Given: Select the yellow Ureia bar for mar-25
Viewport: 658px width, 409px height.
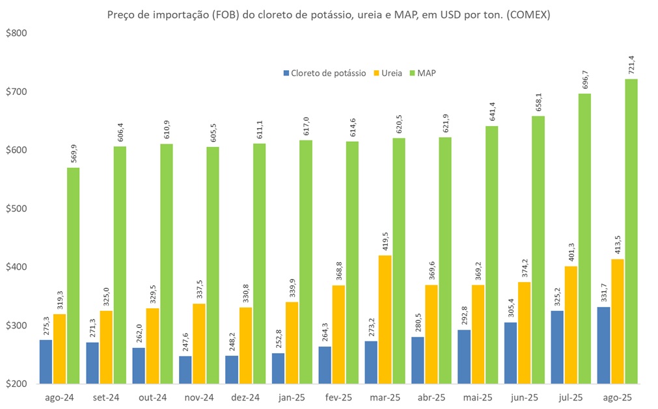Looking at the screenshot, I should [385, 319].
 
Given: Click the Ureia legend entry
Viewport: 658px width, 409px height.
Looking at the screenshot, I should [390, 73].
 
